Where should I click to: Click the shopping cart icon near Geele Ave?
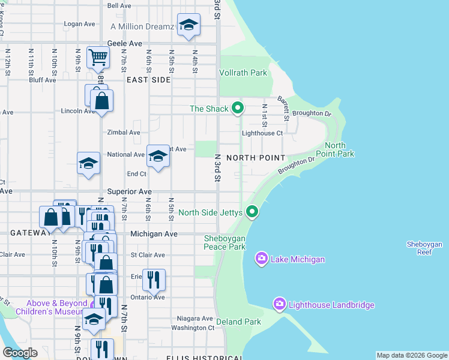(97, 58)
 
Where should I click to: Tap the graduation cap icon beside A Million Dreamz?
(188, 25)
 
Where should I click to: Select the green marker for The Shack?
(238, 109)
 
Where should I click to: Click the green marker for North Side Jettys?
(253, 212)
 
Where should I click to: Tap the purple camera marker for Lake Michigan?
(262, 259)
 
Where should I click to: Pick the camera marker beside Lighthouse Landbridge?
(279, 305)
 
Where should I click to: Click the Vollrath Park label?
(243, 73)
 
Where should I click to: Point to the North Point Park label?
(339, 150)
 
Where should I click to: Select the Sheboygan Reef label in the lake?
(424, 248)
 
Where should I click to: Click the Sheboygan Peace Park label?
(224, 242)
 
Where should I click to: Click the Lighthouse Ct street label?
(262, 133)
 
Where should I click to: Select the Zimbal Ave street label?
(123, 133)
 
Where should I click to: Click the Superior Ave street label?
(129, 191)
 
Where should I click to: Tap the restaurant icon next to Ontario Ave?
(154, 280)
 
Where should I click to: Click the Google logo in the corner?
(19, 353)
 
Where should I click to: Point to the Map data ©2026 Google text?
(412, 355)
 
